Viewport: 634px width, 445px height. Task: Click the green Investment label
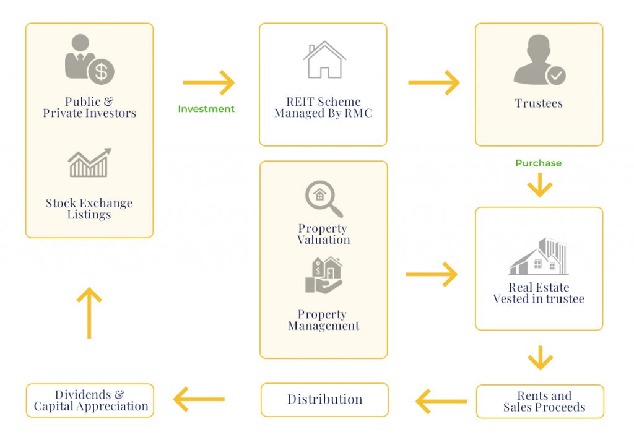pyautogui.click(x=206, y=109)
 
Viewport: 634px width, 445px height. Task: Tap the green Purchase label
pyautogui.click(x=538, y=163)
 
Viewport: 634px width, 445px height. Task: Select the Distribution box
pyautogui.click(x=324, y=400)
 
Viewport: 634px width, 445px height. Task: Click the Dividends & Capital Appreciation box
pyautogui.click(x=90, y=400)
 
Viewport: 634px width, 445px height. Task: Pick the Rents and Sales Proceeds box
pyautogui.click(x=540, y=401)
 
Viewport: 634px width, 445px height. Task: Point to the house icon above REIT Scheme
pyautogui.click(x=324, y=59)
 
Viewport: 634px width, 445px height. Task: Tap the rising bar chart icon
pyautogui.click(x=89, y=163)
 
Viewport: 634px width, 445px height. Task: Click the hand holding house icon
pyautogui.click(x=323, y=275)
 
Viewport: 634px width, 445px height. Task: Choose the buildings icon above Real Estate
pyautogui.click(x=538, y=256)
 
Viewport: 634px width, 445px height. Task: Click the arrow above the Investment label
pyautogui.click(x=209, y=82)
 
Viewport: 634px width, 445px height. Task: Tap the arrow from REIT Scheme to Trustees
pyautogui.click(x=433, y=82)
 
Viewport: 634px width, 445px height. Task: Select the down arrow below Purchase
pyautogui.click(x=539, y=185)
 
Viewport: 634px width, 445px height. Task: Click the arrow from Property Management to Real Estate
pyautogui.click(x=432, y=274)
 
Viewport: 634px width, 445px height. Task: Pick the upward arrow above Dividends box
pyautogui.click(x=89, y=313)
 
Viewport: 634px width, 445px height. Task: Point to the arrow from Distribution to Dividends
pyautogui.click(x=199, y=400)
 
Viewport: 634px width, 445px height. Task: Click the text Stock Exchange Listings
pyautogui.click(x=89, y=209)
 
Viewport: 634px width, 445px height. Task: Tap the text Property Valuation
pyautogui.click(x=323, y=235)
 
